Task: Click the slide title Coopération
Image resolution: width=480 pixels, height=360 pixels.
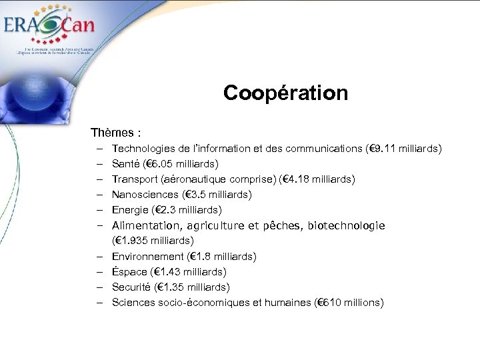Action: [x=285, y=93]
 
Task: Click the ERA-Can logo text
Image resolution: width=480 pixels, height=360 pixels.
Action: [x=49, y=26]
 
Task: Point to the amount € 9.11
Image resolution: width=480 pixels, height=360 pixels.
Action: [x=381, y=148]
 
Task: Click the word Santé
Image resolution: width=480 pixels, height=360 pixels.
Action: [x=126, y=163]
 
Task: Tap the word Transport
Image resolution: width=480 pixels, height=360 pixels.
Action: [x=134, y=179]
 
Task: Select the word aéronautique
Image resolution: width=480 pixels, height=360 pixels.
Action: [x=194, y=179]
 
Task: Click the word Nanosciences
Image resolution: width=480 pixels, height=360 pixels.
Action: [x=145, y=195]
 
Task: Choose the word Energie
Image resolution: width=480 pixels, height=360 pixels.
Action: [x=130, y=210]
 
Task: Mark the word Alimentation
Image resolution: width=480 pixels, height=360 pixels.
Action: [x=147, y=225]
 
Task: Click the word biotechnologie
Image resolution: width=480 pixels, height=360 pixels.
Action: [x=347, y=225]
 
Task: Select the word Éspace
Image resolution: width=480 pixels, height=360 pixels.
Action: [x=129, y=271]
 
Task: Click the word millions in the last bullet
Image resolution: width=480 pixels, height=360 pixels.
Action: [x=361, y=303]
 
